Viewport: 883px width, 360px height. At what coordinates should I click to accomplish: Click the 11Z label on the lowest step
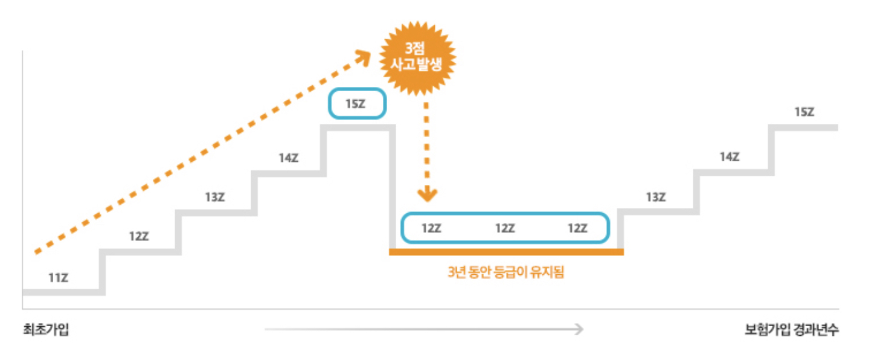click(x=58, y=278)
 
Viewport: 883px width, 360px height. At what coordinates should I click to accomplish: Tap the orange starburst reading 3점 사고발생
click(x=418, y=59)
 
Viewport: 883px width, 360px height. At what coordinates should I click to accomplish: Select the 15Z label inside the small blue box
click(x=356, y=104)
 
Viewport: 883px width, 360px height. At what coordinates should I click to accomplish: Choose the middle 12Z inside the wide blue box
click(x=505, y=228)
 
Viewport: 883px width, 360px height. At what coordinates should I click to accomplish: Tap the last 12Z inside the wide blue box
click(x=577, y=228)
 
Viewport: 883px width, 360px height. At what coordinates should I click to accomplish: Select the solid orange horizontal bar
click(x=506, y=252)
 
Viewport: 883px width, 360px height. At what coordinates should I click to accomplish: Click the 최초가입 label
click(x=46, y=330)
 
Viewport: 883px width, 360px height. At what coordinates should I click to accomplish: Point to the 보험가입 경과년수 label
click(x=791, y=330)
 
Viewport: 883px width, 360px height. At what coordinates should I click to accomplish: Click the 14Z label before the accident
click(x=288, y=158)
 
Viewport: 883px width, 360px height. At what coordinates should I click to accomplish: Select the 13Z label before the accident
click(x=214, y=197)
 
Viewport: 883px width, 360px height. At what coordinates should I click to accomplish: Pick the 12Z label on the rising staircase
click(x=138, y=237)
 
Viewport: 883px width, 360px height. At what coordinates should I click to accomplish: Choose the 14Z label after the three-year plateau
click(x=729, y=157)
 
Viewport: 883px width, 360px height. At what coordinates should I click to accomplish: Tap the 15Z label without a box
click(x=804, y=112)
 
